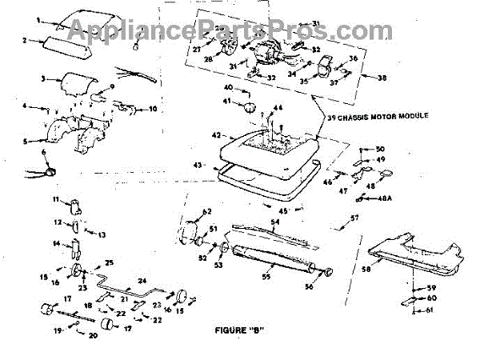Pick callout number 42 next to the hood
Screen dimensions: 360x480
pos(214,136)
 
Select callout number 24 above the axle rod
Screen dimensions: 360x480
pos(142,279)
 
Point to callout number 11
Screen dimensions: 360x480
pos(57,198)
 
